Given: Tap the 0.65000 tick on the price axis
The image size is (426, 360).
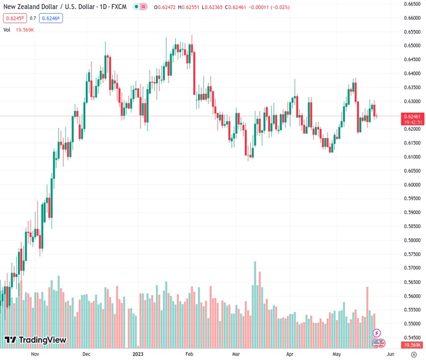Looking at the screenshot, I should coord(411,46).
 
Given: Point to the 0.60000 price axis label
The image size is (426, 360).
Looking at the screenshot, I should coord(411,185).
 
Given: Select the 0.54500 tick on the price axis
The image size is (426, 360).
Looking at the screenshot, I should coord(411,338).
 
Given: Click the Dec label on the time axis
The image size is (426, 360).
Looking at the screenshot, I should coord(86,354).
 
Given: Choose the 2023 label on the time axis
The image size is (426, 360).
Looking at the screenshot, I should coord(138,354).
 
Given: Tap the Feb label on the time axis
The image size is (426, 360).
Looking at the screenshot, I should coord(189,354).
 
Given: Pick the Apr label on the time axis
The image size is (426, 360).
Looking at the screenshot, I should coord(290,354).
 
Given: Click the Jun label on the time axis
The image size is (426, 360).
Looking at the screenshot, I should coord(391,354).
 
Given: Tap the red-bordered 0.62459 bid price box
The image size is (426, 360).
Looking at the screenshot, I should coord(14,18).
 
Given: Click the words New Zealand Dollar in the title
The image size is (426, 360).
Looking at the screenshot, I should coord(31,7).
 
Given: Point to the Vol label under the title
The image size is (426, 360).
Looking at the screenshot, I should coord(7,29).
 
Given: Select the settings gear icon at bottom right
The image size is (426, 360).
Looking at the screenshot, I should coord(413,354).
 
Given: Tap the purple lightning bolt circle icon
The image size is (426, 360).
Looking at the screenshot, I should coord(377,333).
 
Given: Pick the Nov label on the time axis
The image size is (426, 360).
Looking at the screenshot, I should coord(35,354).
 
